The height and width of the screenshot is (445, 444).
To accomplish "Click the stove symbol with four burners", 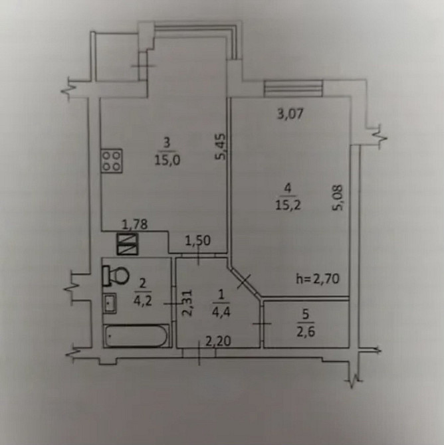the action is point(112,161).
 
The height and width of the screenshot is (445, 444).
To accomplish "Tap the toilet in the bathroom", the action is point(116,276).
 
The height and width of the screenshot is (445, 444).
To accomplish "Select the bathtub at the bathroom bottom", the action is point(136,335).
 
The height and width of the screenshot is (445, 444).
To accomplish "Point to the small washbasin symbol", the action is point(110,303).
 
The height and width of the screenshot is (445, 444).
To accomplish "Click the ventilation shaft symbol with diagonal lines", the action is point(128,244).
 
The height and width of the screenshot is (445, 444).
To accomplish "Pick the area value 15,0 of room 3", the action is point(167,161).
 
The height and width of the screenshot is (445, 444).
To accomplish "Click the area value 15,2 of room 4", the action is point(288,205).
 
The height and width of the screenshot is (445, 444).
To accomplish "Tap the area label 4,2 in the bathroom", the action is point(143,301).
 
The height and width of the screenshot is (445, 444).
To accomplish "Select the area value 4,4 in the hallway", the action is point(221,312).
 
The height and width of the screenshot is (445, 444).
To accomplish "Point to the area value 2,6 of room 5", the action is point(306,331).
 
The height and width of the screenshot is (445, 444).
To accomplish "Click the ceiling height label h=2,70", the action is point(318,279).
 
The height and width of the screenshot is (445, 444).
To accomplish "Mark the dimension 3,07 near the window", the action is point(290,114).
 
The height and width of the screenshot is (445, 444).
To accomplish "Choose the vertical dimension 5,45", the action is point(221,146).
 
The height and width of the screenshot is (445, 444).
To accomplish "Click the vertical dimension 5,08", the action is point(338,198).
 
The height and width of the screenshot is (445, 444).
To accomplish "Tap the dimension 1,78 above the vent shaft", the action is point(135,224).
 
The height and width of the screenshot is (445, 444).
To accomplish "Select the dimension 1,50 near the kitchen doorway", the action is point(197,241).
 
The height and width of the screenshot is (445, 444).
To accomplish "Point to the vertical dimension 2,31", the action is point(187,302).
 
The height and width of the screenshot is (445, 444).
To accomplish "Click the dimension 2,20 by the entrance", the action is point(218,341).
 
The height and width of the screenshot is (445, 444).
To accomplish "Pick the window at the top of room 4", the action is point(293,88).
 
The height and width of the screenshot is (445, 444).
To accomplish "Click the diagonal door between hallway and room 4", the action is point(245,282).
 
